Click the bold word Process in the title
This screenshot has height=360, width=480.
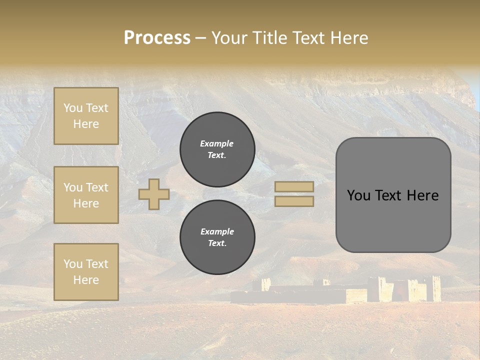[x=157, y=38]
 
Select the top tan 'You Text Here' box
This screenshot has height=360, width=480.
[x=86, y=116]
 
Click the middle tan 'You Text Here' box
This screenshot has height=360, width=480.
[x=86, y=195]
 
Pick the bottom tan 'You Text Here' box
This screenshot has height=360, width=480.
[x=86, y=272]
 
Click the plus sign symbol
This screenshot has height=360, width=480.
[x=154, y=194]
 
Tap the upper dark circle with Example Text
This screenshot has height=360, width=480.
[x=217, y=149]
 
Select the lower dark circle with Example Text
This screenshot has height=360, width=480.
[x=217, y=237]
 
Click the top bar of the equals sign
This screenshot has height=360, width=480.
[x=294, y=186]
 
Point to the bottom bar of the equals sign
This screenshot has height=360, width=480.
[x=294, y=201]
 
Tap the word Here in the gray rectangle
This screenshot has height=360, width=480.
[x=422, y=195]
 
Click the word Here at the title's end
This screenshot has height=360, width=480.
[x=350, y=38]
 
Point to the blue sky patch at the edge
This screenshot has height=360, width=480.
[x=475, y=90]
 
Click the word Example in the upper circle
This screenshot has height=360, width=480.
[x=217, y=143]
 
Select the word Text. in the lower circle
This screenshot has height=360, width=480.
[x=217, y=243]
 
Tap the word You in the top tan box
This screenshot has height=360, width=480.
[x=73, y=108]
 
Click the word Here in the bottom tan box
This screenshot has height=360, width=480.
[x=86, y=280]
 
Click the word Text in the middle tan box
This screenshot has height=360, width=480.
[x=97, y=187]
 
